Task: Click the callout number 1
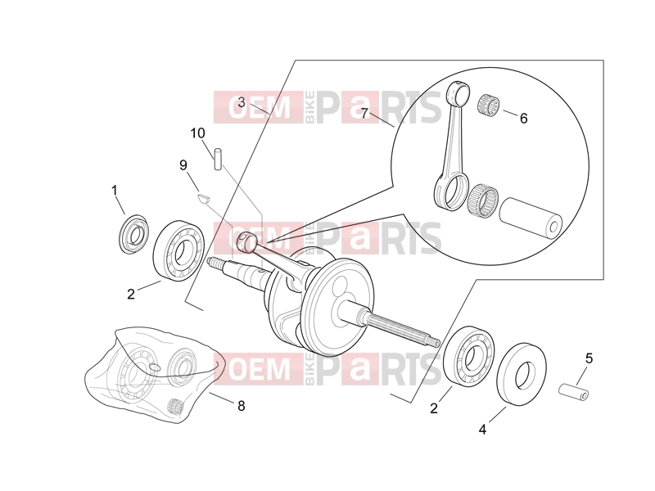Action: click(115, 191)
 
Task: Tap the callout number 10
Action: click(197, 133)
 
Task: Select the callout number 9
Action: click(183, 165)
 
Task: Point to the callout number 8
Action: click(241, 406)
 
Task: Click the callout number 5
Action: click(589, 358)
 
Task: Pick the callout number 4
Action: click(482, 429)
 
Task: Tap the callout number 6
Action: click(523, 119)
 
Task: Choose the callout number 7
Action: click(364, 113)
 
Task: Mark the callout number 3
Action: click(242, 102)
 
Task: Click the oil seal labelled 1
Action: click(133, 234)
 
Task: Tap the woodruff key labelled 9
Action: click(203, 196)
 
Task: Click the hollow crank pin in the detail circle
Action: click(531, 218)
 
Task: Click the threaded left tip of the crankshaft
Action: click(214, 264)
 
